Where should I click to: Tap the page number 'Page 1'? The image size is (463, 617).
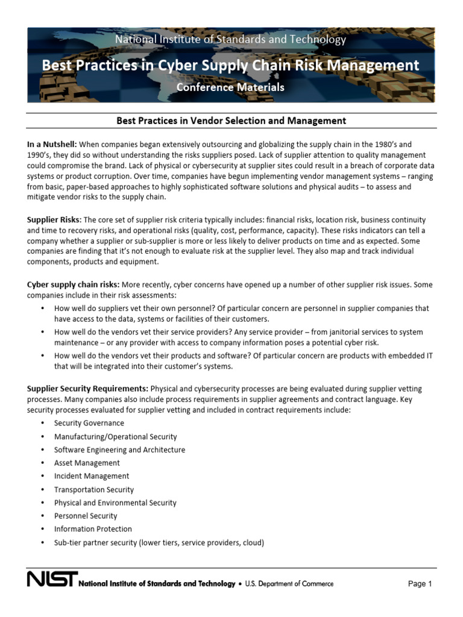[420, 583]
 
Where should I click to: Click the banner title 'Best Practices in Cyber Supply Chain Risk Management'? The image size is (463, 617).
[230, 65]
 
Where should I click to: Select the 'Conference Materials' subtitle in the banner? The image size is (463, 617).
[230, 87]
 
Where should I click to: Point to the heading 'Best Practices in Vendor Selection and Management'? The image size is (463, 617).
[231, 121]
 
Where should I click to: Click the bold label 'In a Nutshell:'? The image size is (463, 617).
[52, 145]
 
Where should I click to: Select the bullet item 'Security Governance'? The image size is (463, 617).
[89, 423]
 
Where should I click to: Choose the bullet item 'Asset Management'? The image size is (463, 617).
[87, 463]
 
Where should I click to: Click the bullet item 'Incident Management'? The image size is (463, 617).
[92, 476]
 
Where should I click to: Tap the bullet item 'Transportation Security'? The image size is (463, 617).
[94, 489]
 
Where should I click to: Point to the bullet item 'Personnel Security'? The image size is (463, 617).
[86, 516]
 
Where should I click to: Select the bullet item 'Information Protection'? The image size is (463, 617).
[93, 529]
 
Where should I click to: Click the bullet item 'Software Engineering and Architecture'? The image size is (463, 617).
[119, 449]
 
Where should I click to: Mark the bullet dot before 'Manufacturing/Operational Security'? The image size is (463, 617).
[42, 436]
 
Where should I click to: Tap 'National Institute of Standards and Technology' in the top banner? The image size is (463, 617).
[230, 40]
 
